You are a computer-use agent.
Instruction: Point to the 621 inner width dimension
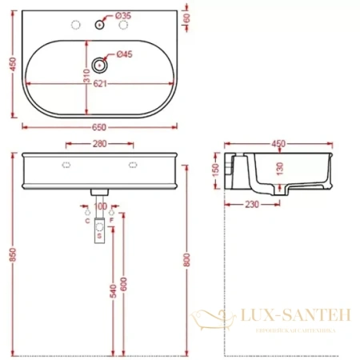101,84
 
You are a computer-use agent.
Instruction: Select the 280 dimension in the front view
101,145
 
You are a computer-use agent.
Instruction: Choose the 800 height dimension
187,258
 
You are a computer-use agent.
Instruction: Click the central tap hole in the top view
99,25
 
